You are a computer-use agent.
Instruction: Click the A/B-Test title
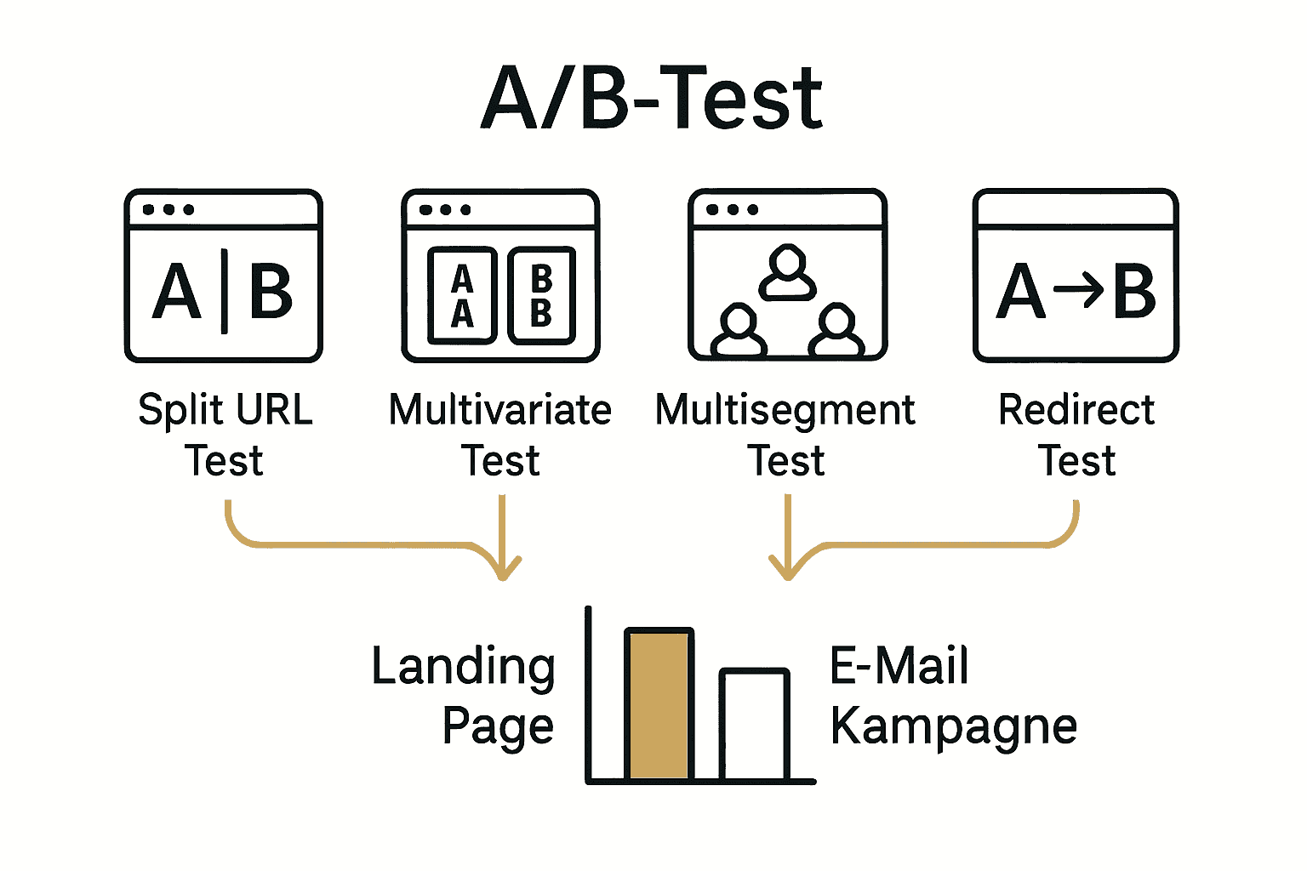click(652, 98)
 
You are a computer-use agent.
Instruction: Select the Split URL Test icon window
click(224, 276)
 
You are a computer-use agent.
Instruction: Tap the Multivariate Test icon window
click(501, 276)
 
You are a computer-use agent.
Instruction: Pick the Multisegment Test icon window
click(788, 276)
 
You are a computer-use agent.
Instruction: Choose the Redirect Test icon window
click(1076, 276)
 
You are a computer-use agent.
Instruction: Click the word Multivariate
click(500, 410)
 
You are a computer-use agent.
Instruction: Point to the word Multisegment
click(785, 410)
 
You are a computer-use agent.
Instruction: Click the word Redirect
click(1076, 410)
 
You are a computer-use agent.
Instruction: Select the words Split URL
click(225, 410)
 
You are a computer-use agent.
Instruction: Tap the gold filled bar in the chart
click(659, 704)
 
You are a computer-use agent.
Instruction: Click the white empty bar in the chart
click(754, 725)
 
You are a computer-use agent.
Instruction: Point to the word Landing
click(464, 667)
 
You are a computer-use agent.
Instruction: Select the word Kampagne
click(954, 728)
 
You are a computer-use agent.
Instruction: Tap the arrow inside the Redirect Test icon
click(1078, 291)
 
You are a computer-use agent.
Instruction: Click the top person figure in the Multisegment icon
click(788, 272)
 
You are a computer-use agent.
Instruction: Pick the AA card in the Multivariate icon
click(462, 296)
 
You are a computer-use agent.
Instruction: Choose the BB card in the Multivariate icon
click(541, 296)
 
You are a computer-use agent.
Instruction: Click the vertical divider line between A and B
click(225, 291)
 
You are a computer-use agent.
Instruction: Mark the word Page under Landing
click(498, 728)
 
